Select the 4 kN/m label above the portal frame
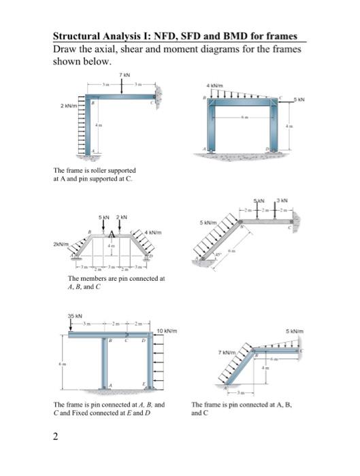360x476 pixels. [216, 85]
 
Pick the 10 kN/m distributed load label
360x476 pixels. [167, 331]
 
